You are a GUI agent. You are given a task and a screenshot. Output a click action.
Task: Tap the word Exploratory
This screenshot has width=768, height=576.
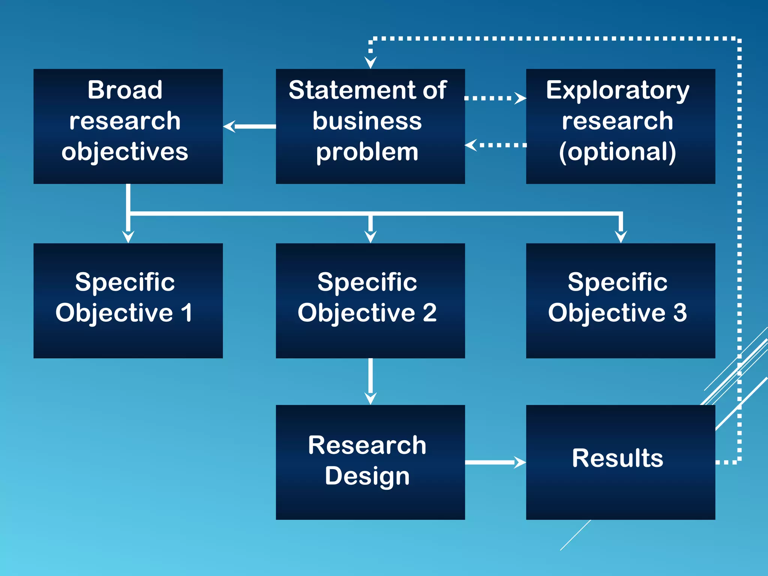618,91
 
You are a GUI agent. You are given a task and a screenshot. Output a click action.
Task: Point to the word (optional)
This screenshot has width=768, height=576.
618,152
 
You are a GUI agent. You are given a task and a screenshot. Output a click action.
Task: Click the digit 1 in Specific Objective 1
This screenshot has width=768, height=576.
186,313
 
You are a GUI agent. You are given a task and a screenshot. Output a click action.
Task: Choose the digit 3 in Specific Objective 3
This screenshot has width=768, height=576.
680,313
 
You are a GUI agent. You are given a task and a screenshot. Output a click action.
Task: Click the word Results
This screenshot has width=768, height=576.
618,458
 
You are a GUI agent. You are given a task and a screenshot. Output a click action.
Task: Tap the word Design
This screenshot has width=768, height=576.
367,476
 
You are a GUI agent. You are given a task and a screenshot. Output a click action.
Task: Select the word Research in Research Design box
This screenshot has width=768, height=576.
367,445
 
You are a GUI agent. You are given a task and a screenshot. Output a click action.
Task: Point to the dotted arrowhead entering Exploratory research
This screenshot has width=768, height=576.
520,98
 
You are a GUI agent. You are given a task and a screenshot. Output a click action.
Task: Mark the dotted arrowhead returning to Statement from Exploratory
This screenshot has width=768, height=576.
471,145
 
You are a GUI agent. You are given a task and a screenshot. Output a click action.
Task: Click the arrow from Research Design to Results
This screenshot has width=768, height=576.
495,462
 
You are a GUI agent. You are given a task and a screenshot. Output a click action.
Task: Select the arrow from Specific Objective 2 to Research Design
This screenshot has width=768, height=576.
370,381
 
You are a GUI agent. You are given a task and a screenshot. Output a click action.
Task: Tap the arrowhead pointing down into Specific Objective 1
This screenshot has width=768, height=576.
128,237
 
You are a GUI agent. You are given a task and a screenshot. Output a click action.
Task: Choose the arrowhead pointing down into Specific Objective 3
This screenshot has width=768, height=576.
621,237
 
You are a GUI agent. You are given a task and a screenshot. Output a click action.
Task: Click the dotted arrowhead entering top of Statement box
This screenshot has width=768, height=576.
370,62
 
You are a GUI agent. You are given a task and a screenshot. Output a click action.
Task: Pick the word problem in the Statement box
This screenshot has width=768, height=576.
367,152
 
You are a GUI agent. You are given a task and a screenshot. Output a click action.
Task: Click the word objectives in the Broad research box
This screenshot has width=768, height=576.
125,152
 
